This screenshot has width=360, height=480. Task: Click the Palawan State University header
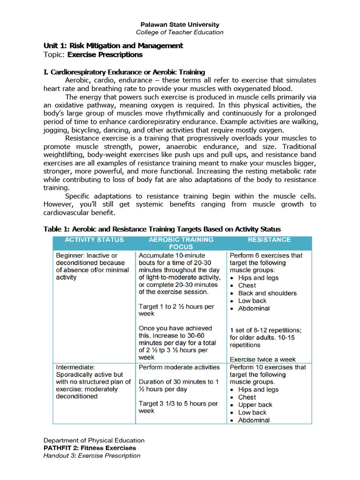(x=180, y=24)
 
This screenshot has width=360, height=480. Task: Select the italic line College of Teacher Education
(x=180, y=32)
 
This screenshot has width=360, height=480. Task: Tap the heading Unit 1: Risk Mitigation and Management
(x=113, y=45)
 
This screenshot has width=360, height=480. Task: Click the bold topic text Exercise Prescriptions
(x=105, y=54)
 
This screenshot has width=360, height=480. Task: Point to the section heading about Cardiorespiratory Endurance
(x=124, y=72)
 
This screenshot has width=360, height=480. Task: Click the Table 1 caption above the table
(x=162, y=229)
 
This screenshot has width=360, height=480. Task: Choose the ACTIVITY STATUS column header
(x=94, y=240)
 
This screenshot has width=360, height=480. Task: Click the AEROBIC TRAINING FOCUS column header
(x=180, y=243)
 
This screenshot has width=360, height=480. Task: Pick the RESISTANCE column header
(x=269, y=240)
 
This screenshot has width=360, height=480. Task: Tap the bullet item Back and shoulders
(x=267, y=293)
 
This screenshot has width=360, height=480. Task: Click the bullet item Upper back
(x=255, y=405)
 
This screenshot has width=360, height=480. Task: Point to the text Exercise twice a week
(x=262, y=359)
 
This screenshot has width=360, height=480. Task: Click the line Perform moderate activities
(x=179, y=367)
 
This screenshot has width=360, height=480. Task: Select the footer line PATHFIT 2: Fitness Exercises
(x=90, y=448)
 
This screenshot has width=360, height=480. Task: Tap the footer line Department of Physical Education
(x=94, y=440)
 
